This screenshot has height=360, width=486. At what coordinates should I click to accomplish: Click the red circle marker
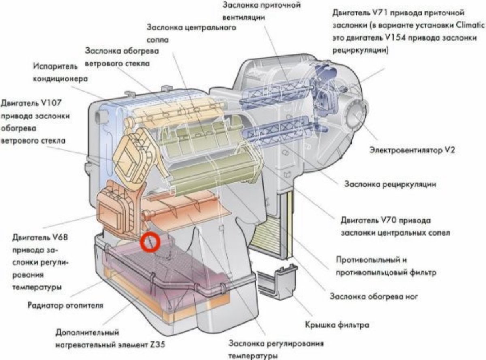[x=150, y=242]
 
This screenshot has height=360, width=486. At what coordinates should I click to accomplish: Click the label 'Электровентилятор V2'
[x=412, y=150]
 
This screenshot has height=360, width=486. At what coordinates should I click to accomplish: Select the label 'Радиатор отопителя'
[x=65, y=305]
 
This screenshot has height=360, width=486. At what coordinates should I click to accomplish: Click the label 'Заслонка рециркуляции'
[x=390, y=184]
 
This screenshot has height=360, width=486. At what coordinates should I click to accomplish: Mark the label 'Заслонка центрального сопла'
[x=191, y=34]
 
